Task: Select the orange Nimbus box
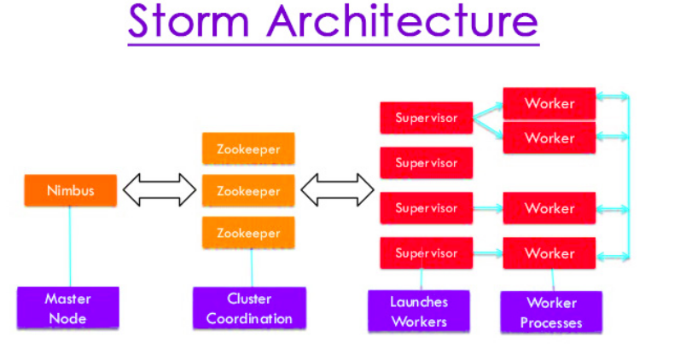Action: pyautogui.click(x=70, y=190)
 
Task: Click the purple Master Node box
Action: pyautogui.click(x=68, y=309)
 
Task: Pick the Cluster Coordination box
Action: pyautogui.click(x=249, y=309)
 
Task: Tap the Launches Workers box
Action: pyautogui.click(x=419, y=311)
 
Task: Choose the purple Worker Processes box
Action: pyautogui.click(x=550, y=312)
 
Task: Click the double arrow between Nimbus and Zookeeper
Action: pyautogui.click(x=160, y=190)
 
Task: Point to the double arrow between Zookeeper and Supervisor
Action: pyautogui.click(x=338, y=190)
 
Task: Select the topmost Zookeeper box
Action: pyautogui.click(x=248, y=148)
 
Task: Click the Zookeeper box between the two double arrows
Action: pyautogui.click(x=248, y=190)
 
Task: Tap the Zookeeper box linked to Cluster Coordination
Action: pyautogui.click(x=248, y=232)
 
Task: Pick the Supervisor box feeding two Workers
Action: pyautogui.click(x=426, y=118)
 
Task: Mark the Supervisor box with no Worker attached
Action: pyautogui.click(x=426, y=162)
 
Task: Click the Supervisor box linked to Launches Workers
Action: pyautogui.click(x=426, y=253)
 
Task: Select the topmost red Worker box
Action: pyautogui.click(x=550, y=103)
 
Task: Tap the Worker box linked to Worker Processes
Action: pyautogui.click(x=550, y=253)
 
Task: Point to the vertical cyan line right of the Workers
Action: pyautogui.click(x=629, y=179)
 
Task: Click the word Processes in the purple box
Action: pyautogui.click(x=551, y=323)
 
